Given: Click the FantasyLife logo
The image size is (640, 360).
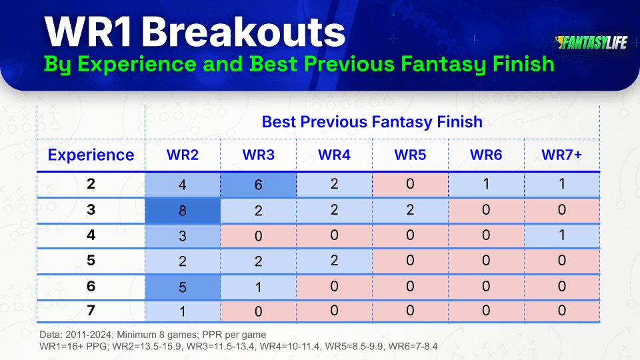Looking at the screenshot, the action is tap(591, 43).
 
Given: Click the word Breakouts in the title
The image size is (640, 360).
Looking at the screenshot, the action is tap(243, 32).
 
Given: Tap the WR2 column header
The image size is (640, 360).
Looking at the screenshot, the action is tap(183, 155).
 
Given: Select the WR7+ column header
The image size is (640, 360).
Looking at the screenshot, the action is tap(561, 155).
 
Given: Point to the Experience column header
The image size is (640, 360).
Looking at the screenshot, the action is tap(91, 155).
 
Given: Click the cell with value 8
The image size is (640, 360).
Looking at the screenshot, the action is tap(183, 211).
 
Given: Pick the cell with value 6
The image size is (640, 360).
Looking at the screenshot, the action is tap(259, 185).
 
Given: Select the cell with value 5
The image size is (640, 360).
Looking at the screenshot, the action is tap(183, 287).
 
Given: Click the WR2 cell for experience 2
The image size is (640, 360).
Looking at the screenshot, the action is tap(183, 185).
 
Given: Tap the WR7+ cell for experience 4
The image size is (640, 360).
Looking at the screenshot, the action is tap(561, 235).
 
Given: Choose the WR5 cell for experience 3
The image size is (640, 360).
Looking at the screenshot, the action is tap(410, 210).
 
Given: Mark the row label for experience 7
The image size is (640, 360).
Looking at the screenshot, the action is tap(91, 311).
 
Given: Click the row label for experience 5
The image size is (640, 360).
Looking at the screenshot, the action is tap(91, 261).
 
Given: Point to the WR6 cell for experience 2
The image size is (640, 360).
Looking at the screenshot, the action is tap(486, 185).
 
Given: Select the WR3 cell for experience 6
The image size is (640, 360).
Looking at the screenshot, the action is tap(259, 287).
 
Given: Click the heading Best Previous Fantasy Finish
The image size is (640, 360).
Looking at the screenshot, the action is tap(372, 122).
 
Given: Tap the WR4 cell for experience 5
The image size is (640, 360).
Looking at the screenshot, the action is tap(334, 261).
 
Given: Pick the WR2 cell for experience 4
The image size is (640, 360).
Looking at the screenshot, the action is tap(183, 236).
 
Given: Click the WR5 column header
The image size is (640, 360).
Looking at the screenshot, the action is tap(410, 155).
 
